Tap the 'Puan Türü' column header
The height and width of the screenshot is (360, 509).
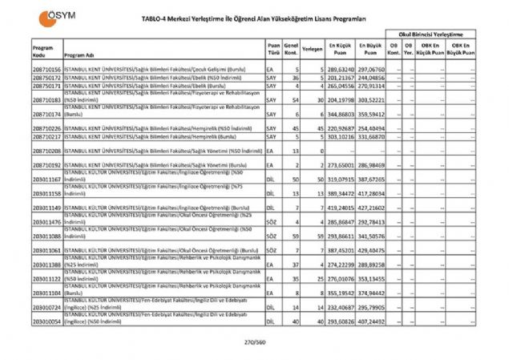pos(273,51)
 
